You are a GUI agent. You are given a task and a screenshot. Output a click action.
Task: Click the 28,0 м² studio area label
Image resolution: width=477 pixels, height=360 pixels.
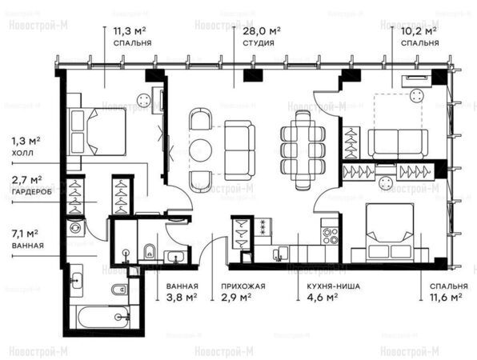(x=262, y=31)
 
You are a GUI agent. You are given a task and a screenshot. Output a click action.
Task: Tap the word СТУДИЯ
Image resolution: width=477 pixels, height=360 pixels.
(x=259, y=43)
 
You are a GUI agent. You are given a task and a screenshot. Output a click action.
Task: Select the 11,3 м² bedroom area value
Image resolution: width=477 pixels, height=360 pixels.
(x=130, y=31)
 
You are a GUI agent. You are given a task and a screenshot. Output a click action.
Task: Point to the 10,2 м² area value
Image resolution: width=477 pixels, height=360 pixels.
(x=419, y=31)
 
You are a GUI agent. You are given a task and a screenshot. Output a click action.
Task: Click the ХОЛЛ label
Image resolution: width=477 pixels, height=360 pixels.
(x=22, y=153)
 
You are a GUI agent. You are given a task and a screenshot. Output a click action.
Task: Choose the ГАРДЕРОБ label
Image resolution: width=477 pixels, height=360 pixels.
(x=32, y=192)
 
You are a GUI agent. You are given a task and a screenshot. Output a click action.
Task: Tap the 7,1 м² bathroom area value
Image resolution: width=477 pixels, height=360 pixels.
(x=25, y=234)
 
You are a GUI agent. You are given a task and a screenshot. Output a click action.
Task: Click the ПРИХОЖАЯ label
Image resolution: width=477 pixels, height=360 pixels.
(x=243, y=286)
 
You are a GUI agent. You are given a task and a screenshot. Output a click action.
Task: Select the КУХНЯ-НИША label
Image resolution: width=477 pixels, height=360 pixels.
(x=334, y=286)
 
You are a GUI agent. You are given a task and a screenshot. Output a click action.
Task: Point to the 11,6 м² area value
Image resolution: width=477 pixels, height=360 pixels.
(x=446, y=297)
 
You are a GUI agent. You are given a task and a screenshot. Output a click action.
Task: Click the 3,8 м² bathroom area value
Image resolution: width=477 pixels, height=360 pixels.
(x=182, y=297)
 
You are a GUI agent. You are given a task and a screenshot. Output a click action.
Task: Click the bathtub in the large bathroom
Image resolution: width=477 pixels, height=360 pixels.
(x=103, y=317)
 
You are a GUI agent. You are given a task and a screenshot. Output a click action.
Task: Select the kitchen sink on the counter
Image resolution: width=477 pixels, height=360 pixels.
(x=280, y=254)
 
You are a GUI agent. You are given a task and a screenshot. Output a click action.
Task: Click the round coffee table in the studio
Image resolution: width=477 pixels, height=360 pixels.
(x=200, y=150)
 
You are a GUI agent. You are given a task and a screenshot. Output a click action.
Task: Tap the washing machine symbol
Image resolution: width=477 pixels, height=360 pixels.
(x=75, y=227)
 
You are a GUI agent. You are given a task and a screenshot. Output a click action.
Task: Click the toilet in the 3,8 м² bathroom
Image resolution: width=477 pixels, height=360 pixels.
(x=149, y=251)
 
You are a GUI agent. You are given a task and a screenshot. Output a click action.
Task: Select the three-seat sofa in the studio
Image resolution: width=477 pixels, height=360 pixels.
(x=239, y=150)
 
